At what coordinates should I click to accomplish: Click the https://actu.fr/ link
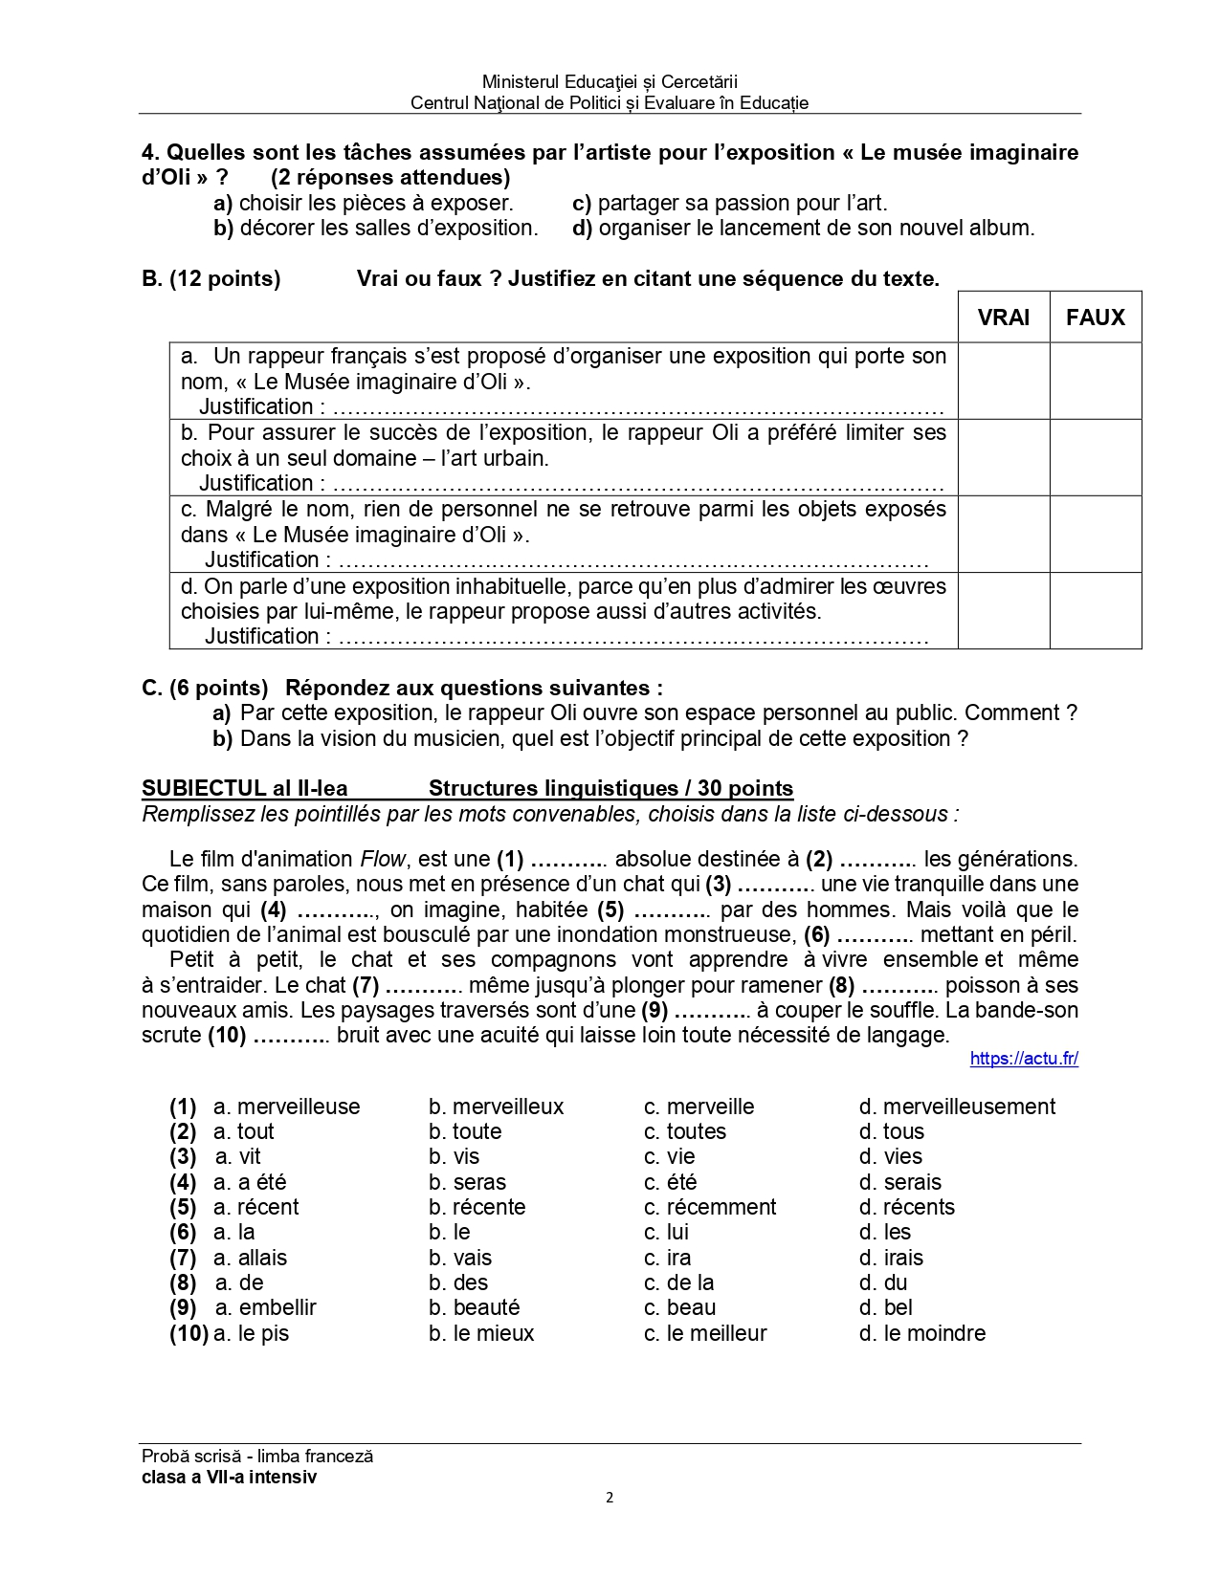[x=1023, y=1059]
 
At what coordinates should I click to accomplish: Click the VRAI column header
[x=1003, y=318]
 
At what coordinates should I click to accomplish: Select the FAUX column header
[x=1095, y=318]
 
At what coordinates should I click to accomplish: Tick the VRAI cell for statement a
[x=1003, y=381]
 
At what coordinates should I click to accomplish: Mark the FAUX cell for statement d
[x=1095, y=610]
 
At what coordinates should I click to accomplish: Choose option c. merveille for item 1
[x=699, y=1107]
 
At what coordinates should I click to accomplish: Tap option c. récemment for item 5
[x=709, y=1207]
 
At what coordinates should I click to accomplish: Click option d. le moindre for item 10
[x=921, y=1333]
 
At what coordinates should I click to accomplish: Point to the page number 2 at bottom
[x=610, y=1498]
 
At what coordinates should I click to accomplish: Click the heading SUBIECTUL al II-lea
[x=244, y=789]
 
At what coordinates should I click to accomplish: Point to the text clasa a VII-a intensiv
[x=229, y=1477]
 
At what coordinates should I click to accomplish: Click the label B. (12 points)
[x=211, y=278]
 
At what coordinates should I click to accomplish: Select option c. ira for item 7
[x=667, y=1258]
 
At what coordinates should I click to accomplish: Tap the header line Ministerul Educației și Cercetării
[x=610, y=82]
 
